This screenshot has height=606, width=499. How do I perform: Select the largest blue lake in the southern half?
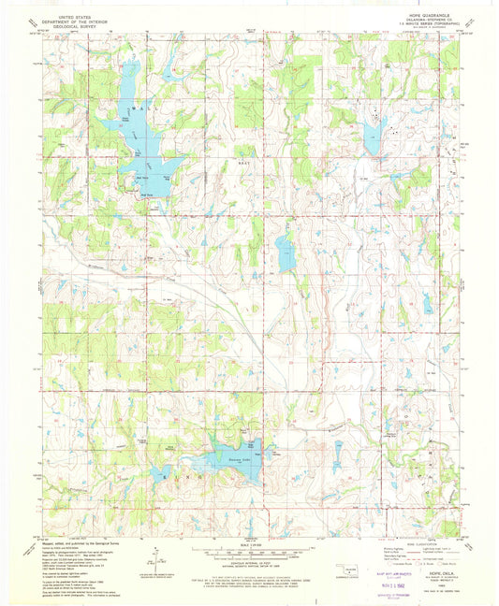tap(229, 458)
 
